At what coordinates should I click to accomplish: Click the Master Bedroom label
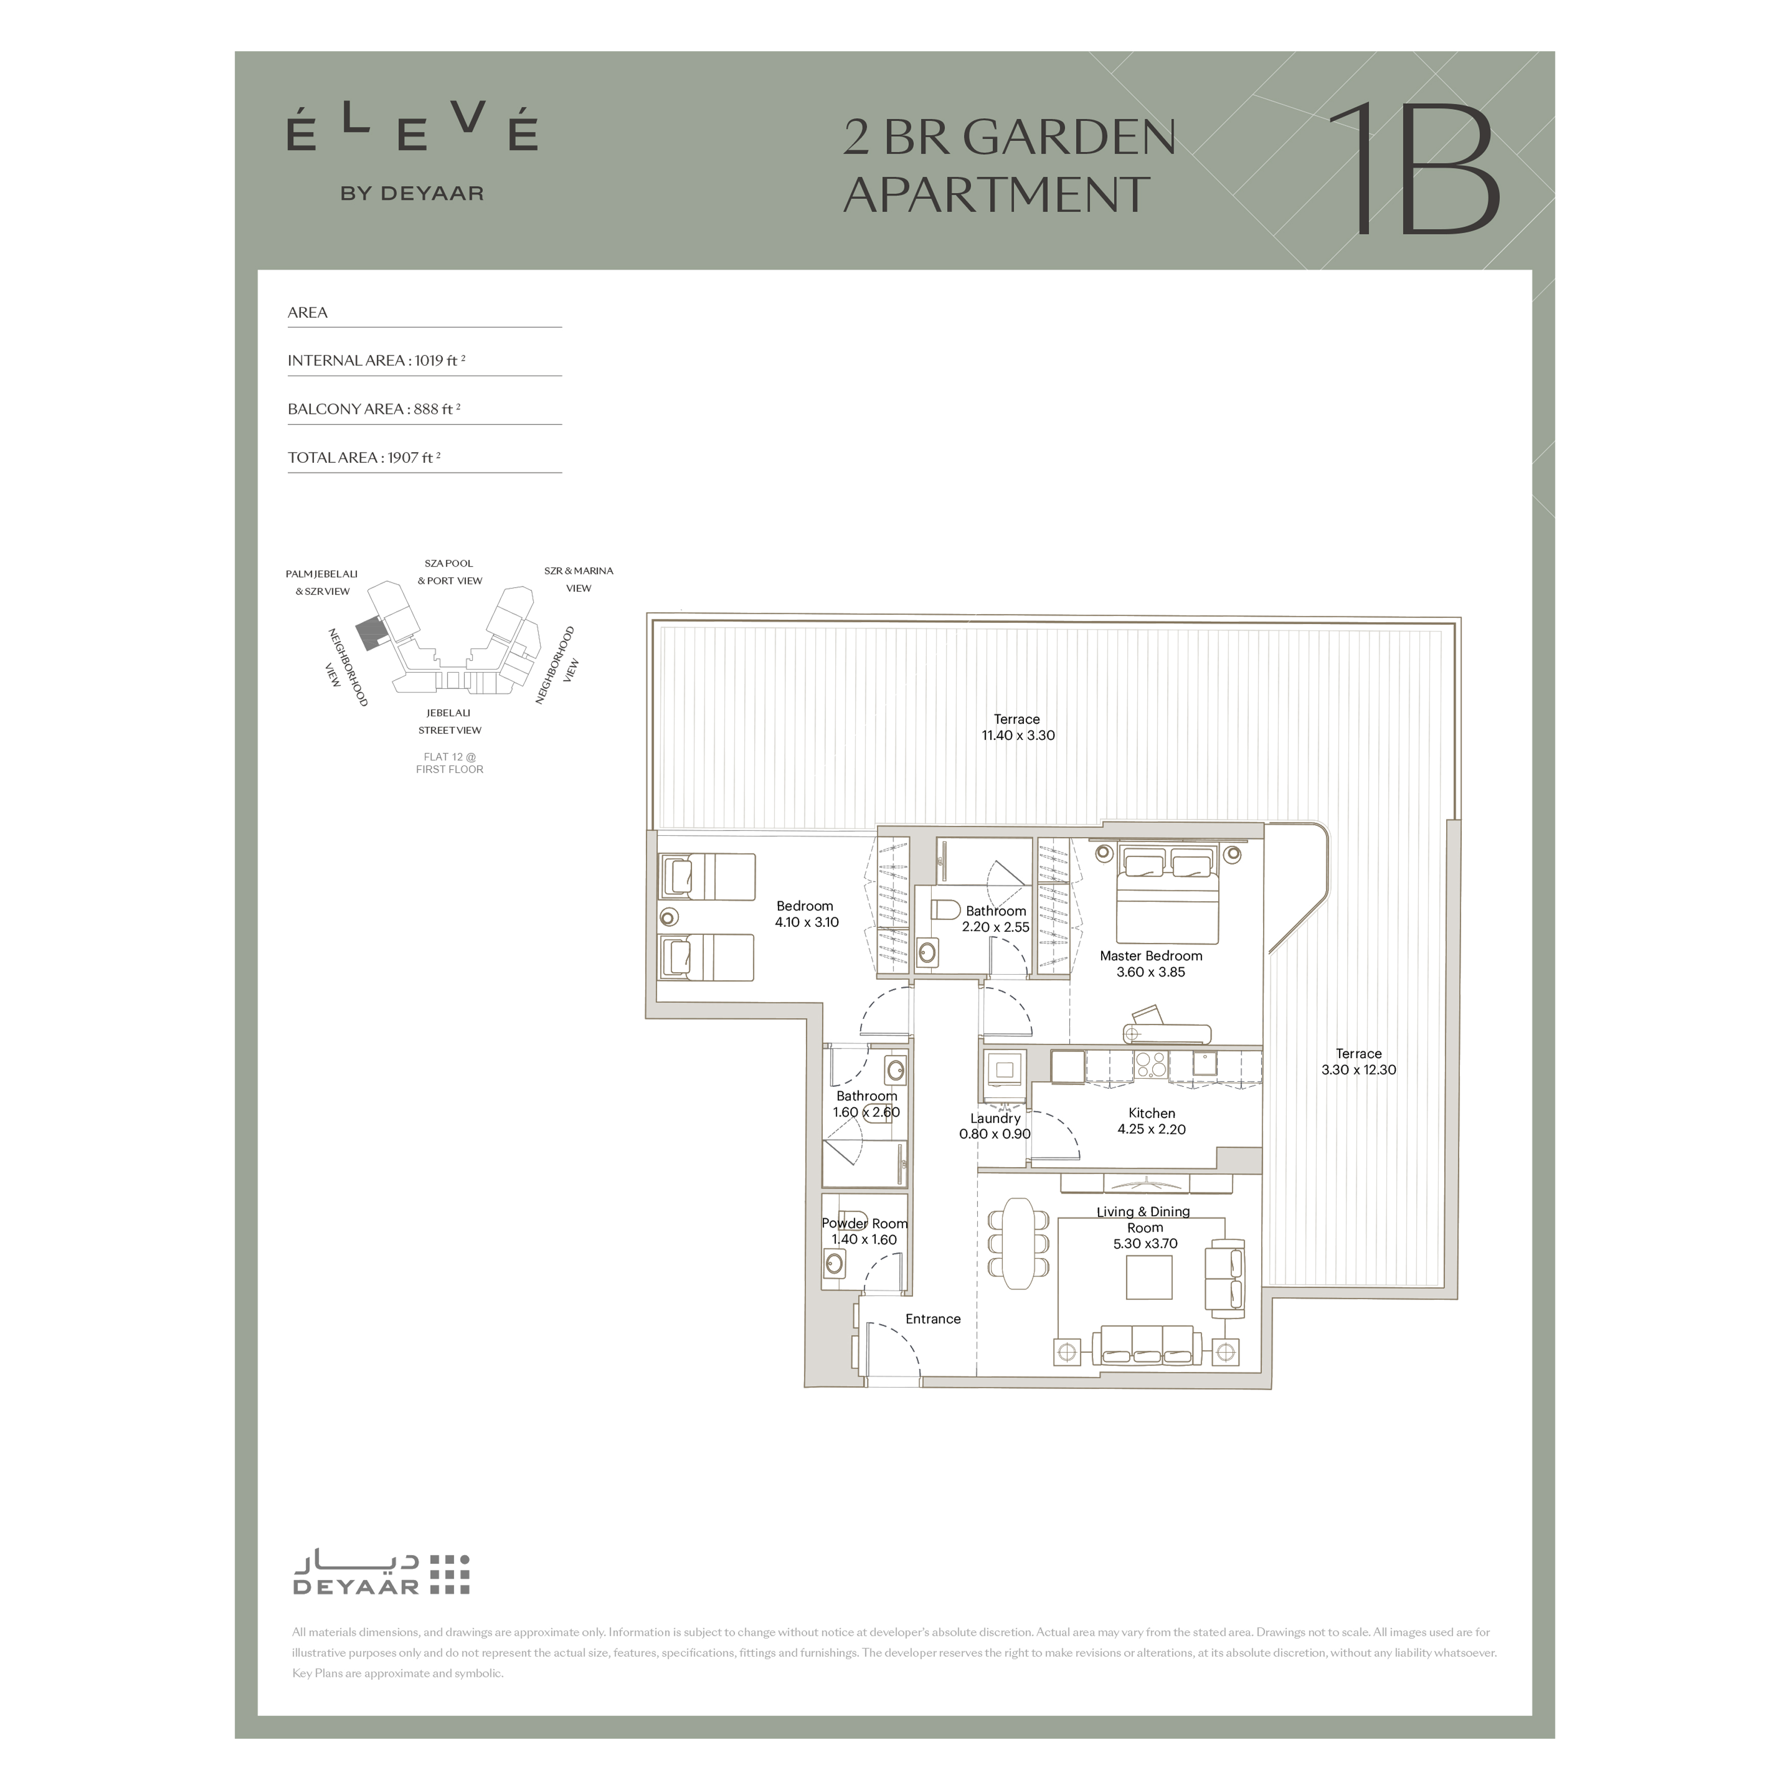tap(1151, 955)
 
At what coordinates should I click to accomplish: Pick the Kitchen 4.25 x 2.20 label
tap(1152, 1121)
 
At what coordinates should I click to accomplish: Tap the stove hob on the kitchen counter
tap(1151, 1065)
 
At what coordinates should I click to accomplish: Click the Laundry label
tap(995, 1118)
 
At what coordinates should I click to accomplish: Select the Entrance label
tap(933, 1318)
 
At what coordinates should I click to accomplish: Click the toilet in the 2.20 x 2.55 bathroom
tap(945, 911)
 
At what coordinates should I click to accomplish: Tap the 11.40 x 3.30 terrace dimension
tap(1018, 735)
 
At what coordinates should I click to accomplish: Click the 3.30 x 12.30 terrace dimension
tap(1358, 1069)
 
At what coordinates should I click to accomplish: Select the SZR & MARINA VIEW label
tap(579, 579)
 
